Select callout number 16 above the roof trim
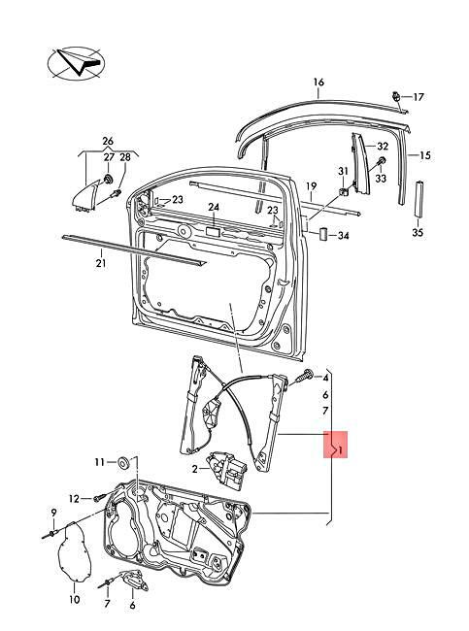tap(317, 83)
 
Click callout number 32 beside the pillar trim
tap(383, 146)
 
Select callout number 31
tap(342, 172)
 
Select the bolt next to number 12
tap(99, 499)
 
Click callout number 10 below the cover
tap(74, 600)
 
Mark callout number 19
tap(312, 185)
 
